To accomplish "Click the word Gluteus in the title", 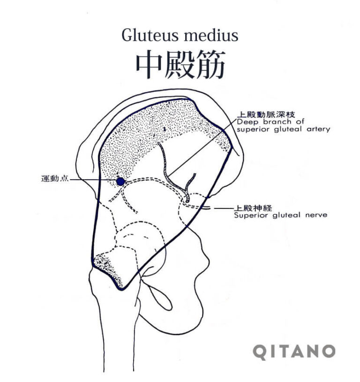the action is [150, 36].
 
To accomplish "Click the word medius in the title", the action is [211, 36].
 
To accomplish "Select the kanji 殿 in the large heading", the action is [180, 64].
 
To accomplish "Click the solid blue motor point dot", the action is [120, 182].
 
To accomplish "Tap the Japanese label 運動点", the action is [55, 179].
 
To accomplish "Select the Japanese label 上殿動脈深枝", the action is [266, 114].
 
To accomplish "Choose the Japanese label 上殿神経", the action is [253, 208].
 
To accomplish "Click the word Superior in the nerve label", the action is [251, 215].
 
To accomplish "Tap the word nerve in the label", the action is [316, 215].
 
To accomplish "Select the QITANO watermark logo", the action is [294, 351].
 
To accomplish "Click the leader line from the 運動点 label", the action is [93, 180].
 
